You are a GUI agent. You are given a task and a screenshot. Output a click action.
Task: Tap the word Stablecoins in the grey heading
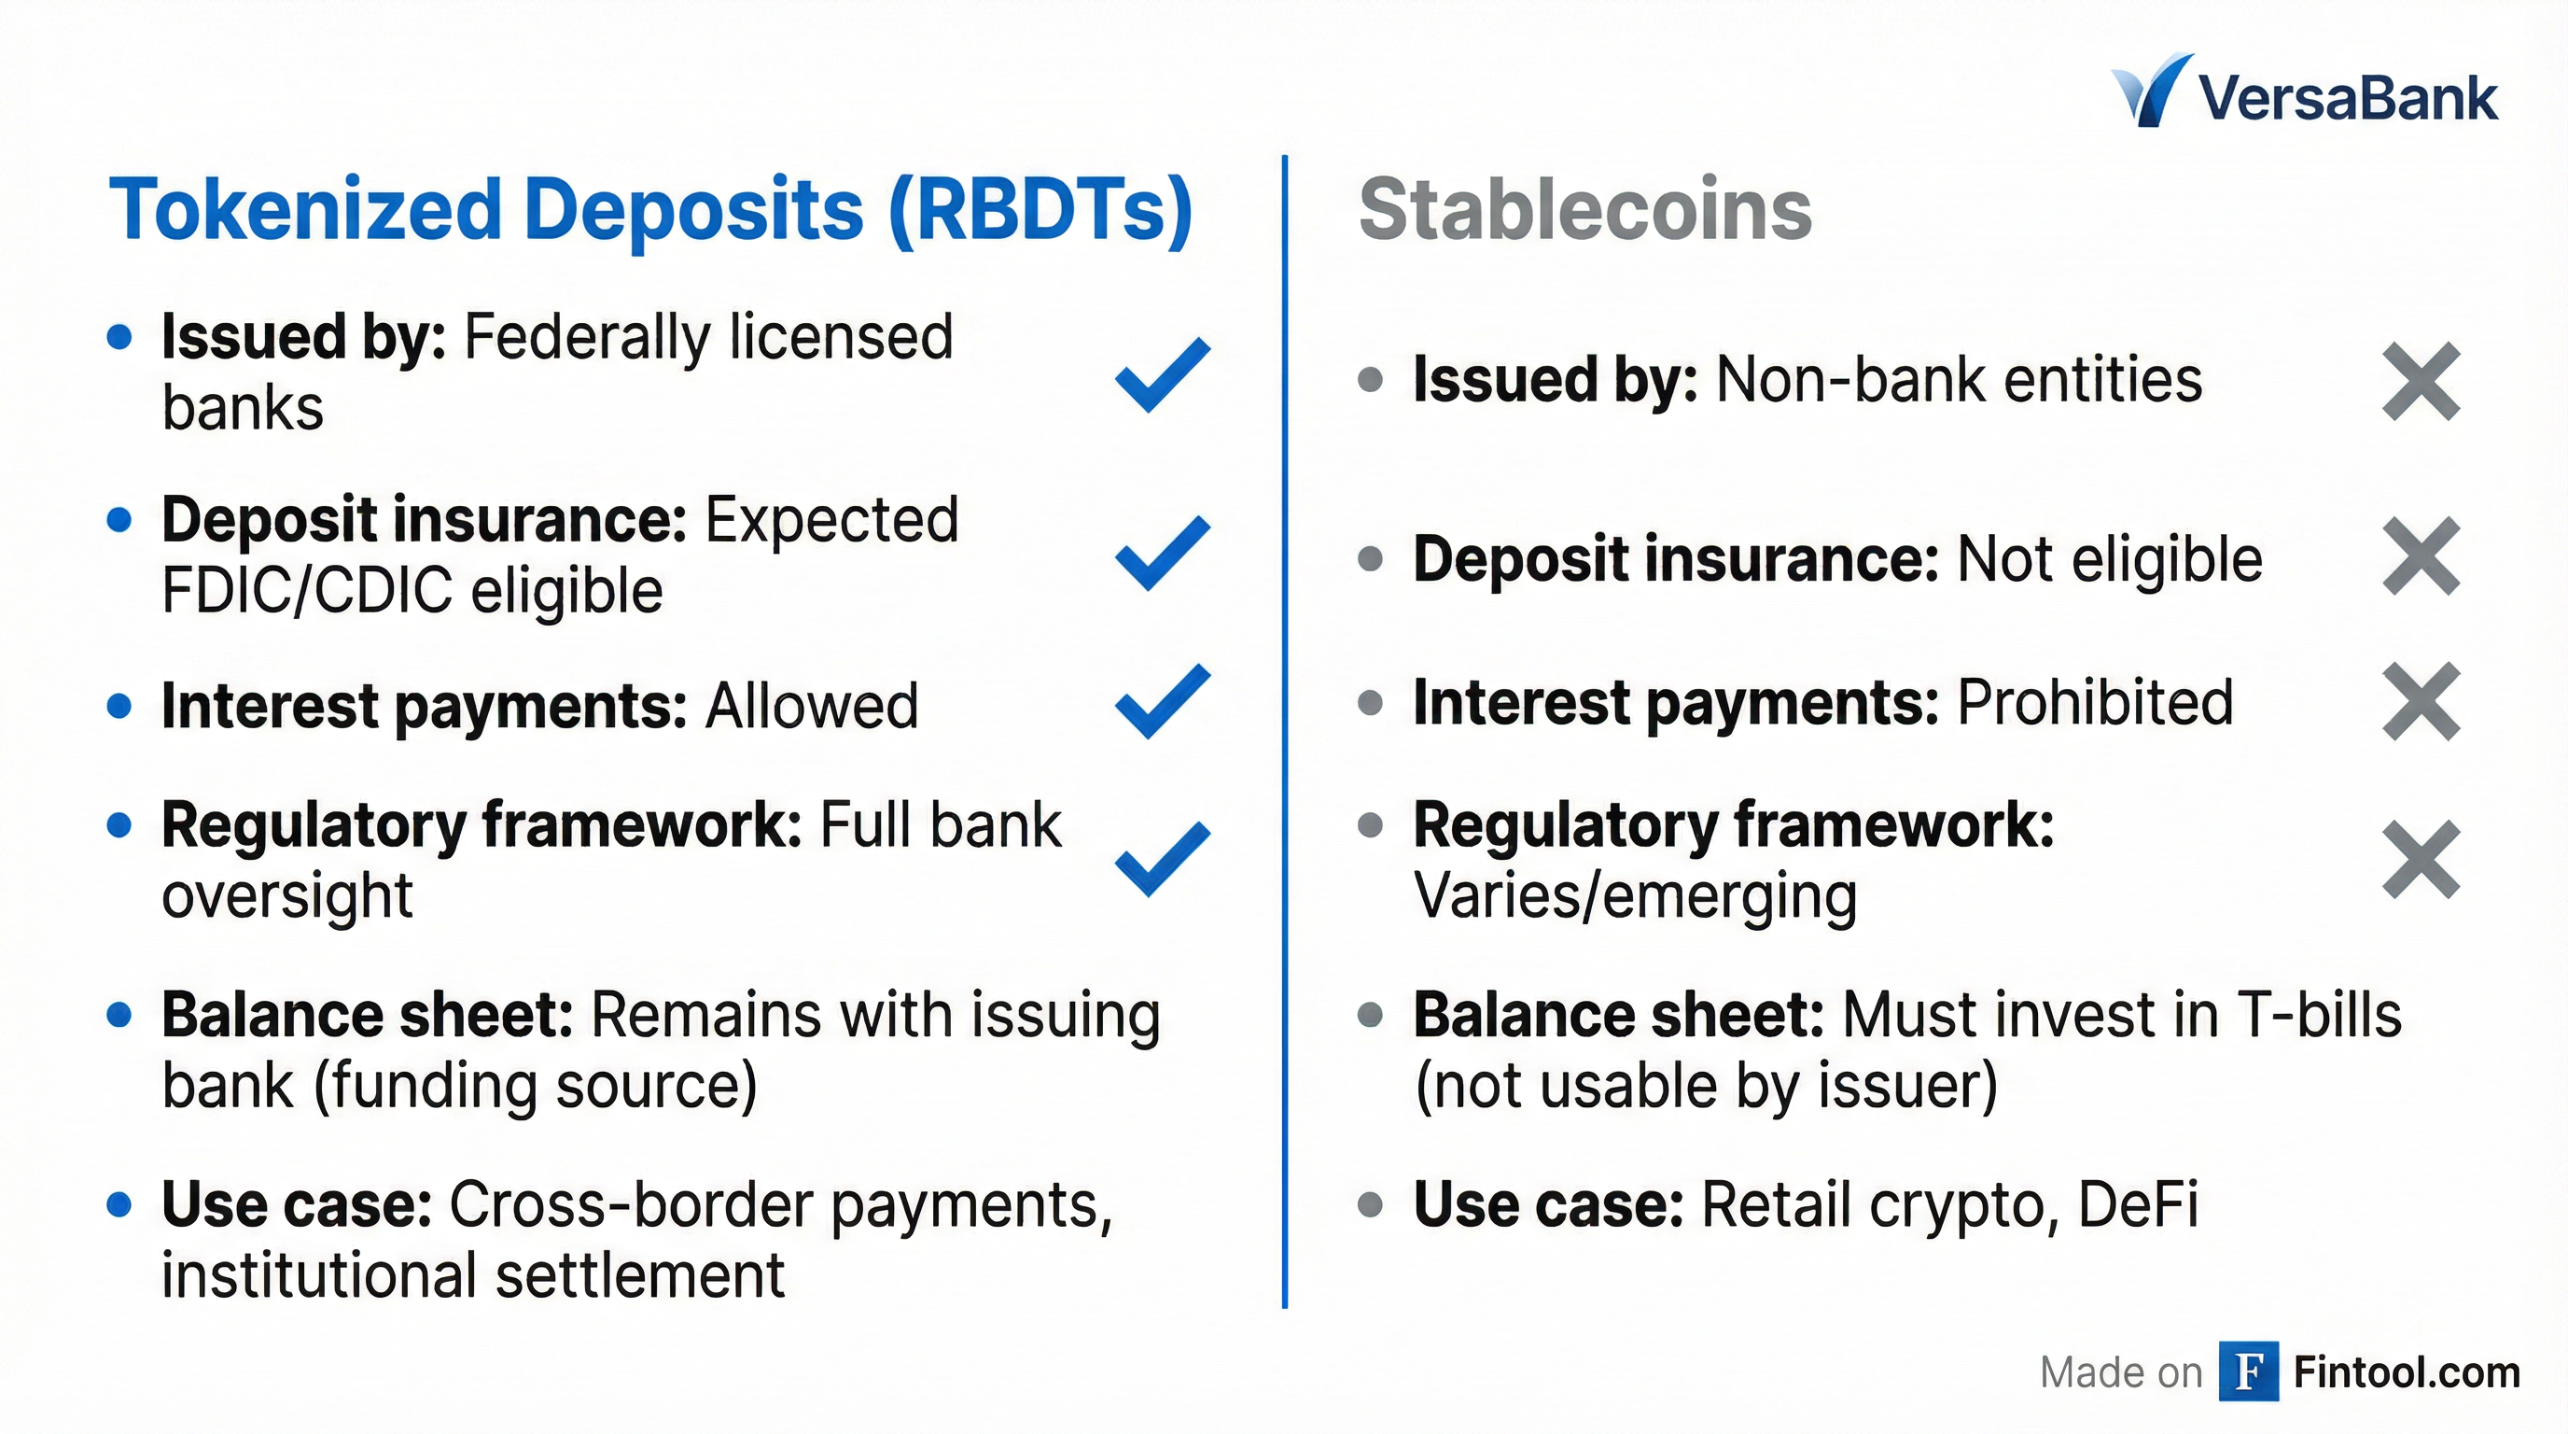pyautogui.click(x=1585, y=209)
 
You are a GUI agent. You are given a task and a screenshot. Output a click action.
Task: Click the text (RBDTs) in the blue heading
pyautogui.click(x=1040, y=211)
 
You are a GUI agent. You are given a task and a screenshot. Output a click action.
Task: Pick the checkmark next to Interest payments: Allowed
pyautogui.click(x=1163, y=701)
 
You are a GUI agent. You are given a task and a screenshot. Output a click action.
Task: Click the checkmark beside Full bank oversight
pyautogui.click(x=1163, y=859)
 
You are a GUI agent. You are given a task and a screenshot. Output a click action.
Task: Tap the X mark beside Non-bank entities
pyautogui.click(x=2421, y=381)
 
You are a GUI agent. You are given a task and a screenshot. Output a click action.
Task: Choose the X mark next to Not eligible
pyautogui.click(x=2421, y=556)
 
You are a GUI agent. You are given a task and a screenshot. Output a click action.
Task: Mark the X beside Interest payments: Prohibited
pyautogui.click(x=2421, y=701)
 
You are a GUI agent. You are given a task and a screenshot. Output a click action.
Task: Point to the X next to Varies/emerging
pyautogui.click(x=2421, y=860)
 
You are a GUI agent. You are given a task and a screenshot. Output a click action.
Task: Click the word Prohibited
pyautogui.click(x=2096, y=702)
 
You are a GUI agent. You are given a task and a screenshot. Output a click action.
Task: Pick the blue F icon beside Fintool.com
pyautogui.click(x=2249, y=1371)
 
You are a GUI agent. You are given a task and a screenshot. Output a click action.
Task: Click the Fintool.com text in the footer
pyautogui.click(x=2407, y=1372)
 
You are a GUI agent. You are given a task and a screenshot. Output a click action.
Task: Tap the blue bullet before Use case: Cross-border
pyautogui.click(x=119, y=1204)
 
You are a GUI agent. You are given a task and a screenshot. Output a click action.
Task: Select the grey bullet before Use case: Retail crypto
pyautogui.click(x=1371, y=1204)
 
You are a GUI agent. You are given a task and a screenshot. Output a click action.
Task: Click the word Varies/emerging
pyautogui.click(x=1636, y=895)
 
